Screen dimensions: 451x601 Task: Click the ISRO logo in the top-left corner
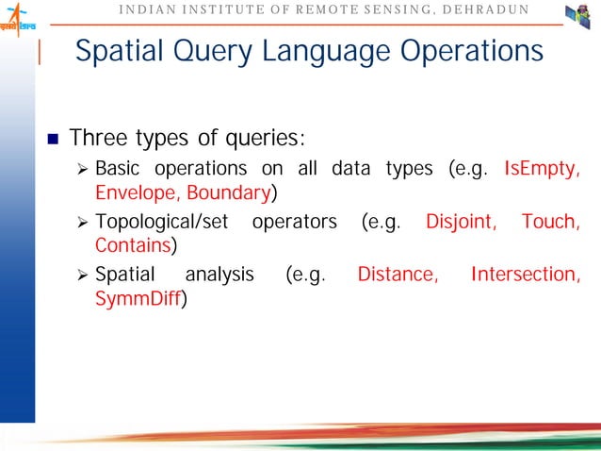pos(20,22)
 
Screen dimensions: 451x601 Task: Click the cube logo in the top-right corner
pos(577,17)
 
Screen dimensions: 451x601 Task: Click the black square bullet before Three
pos(53,141)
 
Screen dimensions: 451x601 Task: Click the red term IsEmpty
pos(542,170)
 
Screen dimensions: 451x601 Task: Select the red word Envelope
pos(137,194)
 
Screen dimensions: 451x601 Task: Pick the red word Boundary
pos(228,194)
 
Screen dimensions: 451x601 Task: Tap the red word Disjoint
pos(462,222)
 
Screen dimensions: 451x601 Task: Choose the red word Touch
pos(550,222)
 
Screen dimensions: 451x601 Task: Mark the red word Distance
pos(398,275)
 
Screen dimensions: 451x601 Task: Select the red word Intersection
pos(525,275)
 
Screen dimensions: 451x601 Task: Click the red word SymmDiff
pos(138,299)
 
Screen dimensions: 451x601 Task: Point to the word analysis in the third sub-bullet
pos(219,275)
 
